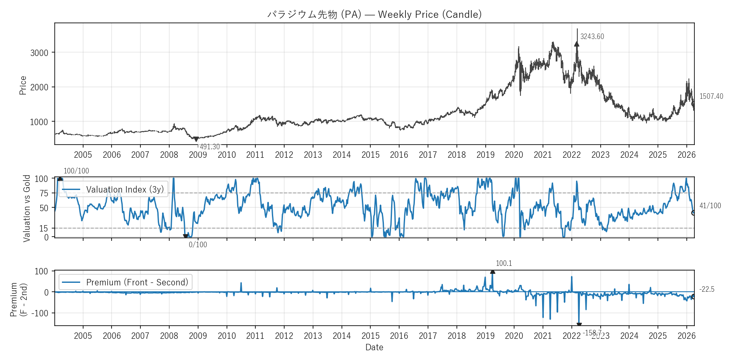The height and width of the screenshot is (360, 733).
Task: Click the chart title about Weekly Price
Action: tap(374, 14)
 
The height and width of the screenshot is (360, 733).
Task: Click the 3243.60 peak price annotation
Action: tap(592, 36)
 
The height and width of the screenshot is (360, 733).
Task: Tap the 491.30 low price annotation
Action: tap(210, 147)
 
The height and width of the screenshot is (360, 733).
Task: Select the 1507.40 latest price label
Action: tap(711, 96)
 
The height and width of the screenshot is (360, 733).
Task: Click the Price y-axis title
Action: tap(23, 85)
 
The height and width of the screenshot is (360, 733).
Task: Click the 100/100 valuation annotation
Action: tap(76, 171)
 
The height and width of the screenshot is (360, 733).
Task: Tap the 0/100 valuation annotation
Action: tap(198, 245)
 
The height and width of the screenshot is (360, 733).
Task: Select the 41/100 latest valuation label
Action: tap(710, 206)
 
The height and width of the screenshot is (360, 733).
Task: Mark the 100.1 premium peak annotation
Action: tap(504, 263)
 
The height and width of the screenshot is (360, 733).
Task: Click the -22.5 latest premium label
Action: tap(707, 289)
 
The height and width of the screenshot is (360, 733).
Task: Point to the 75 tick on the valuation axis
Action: tap(44, 193)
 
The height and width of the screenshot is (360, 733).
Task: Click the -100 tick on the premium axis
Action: tap(41, 313)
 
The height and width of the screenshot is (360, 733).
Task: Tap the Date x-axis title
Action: tap(374, 347)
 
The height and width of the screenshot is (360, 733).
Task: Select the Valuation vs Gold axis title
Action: tap(27, 208)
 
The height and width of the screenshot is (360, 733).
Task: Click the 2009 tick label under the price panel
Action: tap(198, 155)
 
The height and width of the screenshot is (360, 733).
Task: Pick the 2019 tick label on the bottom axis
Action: tap(485, 336)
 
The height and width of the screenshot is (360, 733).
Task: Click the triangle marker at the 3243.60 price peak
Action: tap(576, 44)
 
